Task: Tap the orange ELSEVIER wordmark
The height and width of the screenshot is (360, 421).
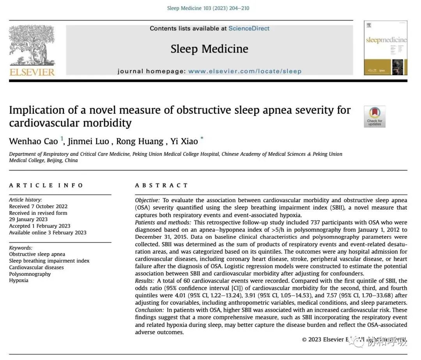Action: coord(32,72)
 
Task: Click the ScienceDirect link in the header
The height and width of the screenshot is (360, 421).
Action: coord(249,28)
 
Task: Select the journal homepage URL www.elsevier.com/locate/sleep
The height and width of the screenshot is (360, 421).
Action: coord(245,71)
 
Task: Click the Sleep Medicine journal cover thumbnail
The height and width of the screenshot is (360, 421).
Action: coord(385,48)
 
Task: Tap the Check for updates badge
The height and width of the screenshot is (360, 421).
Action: coord(375,116)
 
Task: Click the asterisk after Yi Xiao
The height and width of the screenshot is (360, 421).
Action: coord(202,139)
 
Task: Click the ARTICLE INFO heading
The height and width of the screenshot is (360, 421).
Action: coord(46,185)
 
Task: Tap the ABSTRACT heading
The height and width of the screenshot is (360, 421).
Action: coord(161,185)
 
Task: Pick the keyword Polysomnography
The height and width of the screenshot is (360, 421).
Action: coord(30,274)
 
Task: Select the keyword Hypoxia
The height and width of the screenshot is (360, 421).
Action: coord(19,280)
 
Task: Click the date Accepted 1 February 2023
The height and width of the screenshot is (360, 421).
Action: coord(40,226)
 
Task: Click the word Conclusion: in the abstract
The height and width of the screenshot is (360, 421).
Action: coord(149,310)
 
